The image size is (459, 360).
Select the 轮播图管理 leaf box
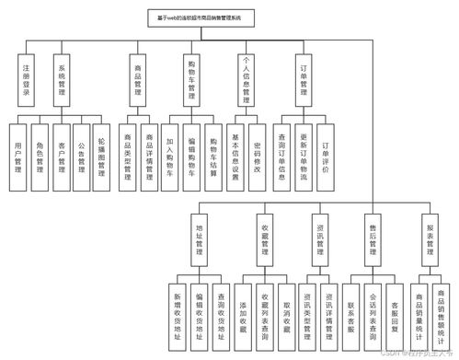coord(103,151)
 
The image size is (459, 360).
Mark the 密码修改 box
coord(258,151)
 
